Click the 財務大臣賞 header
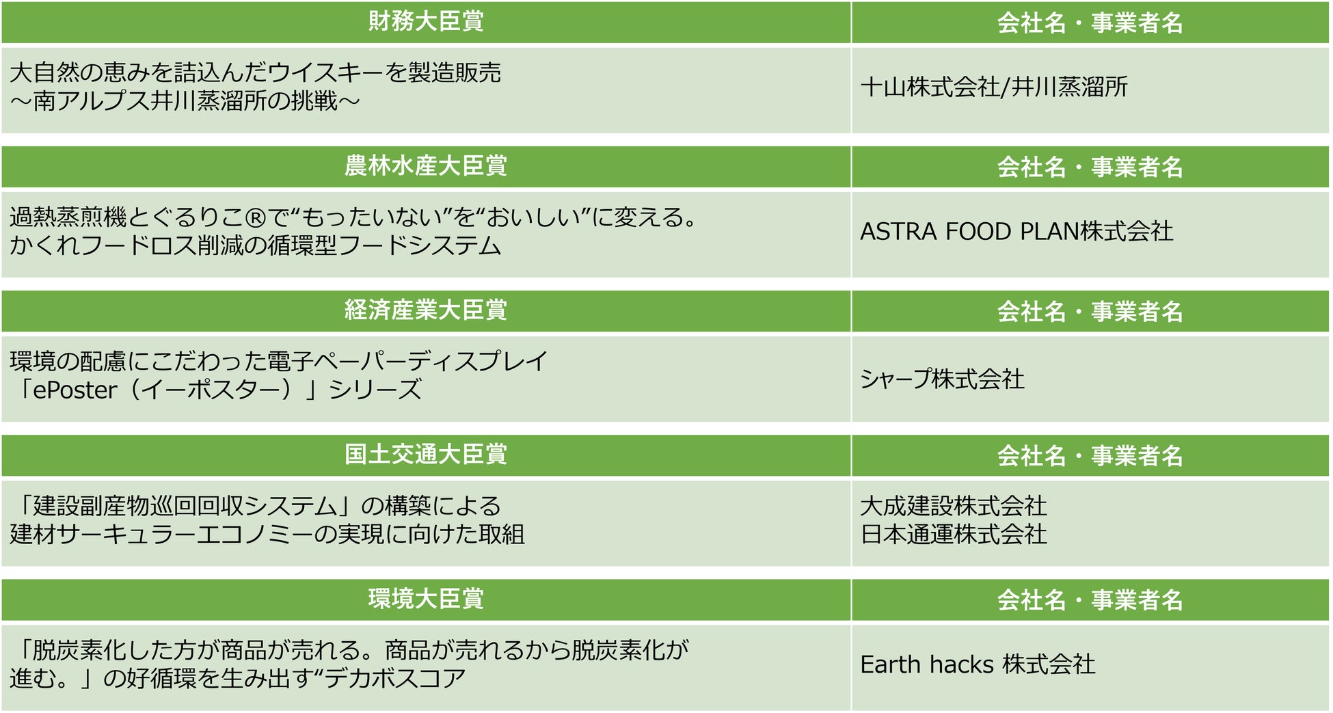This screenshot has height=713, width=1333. (x=425, y=22)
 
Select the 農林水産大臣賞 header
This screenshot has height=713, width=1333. (x=425, y=166)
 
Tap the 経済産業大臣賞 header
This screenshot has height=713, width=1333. (x=425, y=310)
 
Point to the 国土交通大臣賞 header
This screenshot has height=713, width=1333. (x=425, y=455)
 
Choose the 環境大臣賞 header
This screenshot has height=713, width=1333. (x=425, y=599)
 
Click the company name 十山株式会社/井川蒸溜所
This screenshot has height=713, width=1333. (x=994, y=87)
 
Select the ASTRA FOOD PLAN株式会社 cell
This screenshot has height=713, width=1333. (x=1016, y=231)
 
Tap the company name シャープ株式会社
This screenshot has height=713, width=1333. (x=942, y=378)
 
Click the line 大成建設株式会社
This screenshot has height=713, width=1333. (x=954, y=506)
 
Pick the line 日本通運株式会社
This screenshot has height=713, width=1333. (x=954, y=534)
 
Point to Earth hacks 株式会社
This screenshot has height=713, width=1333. (x=978, y=664)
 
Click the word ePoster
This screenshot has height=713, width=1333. (x=75, y=390)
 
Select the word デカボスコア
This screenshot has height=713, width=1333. (x=395, y=678)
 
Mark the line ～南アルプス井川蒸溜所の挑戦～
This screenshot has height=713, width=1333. (x=185, y=101)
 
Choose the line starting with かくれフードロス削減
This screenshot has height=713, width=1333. (x=256, y=245)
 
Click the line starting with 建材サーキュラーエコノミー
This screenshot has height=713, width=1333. (x=267, y=534)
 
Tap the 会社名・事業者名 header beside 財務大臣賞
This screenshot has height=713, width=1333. (x=1090, y=23)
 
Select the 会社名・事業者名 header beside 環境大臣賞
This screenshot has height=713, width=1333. (x=1090, y=600)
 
